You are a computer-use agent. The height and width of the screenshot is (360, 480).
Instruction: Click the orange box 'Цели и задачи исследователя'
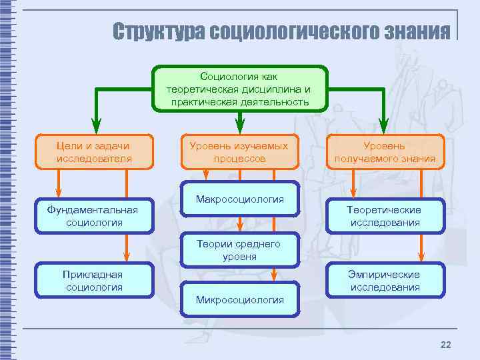(x=94, y=152)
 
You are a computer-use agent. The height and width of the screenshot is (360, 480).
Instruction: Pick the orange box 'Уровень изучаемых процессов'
(x=239, y=152)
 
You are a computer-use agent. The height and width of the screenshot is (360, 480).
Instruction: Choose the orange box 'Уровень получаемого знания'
(x=384, y=152)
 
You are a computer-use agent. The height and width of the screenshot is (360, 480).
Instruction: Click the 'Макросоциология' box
(x=239, y=199)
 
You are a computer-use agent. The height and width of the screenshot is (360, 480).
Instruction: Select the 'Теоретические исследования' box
(x=384, y=216)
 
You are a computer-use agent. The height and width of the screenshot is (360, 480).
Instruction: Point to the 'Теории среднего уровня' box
(x=239, y=250)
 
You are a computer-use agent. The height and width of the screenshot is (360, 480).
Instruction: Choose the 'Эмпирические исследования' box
(x=384, y=281)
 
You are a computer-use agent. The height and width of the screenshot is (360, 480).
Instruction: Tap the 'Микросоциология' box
(x=239, y=299)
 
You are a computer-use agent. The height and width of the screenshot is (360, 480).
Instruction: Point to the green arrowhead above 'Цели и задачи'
(x=96, y=125)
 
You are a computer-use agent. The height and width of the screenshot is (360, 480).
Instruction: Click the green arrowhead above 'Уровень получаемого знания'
(x=383, y=125)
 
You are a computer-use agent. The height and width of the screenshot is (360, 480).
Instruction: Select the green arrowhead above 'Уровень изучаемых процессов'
(x=240, y=125)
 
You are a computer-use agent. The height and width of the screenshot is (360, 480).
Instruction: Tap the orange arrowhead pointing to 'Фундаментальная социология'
(x=58, y=193)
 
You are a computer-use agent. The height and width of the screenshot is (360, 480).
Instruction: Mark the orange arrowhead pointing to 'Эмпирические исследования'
(x=420, y=256)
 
